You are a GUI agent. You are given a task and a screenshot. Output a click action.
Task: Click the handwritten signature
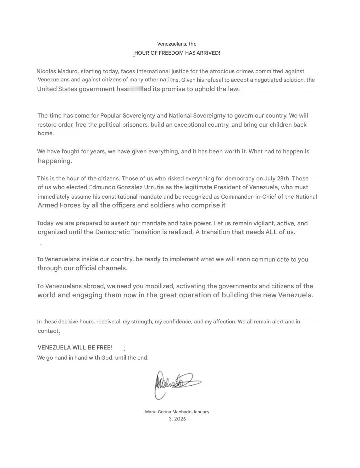(176, 383)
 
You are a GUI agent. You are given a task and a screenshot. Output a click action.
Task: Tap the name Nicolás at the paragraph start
(46, 71)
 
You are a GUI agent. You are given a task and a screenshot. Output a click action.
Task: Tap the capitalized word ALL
(270, 232)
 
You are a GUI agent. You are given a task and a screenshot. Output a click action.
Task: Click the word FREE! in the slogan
(104, 348)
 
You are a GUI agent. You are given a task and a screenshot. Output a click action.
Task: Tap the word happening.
(55, 161)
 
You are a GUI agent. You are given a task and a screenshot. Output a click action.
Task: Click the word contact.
(48, 331)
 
